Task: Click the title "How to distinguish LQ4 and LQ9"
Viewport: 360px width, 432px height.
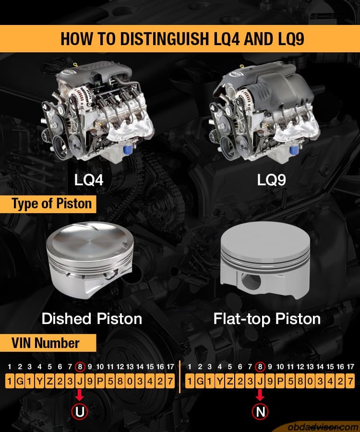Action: click(180, 38)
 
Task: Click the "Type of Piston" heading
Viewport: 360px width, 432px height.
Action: click(51, 204)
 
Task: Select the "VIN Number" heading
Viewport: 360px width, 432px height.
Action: click(45, 343)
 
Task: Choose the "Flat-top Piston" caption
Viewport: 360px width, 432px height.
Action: click(267, 318)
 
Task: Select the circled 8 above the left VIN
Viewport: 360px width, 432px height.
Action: click(80, 367)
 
